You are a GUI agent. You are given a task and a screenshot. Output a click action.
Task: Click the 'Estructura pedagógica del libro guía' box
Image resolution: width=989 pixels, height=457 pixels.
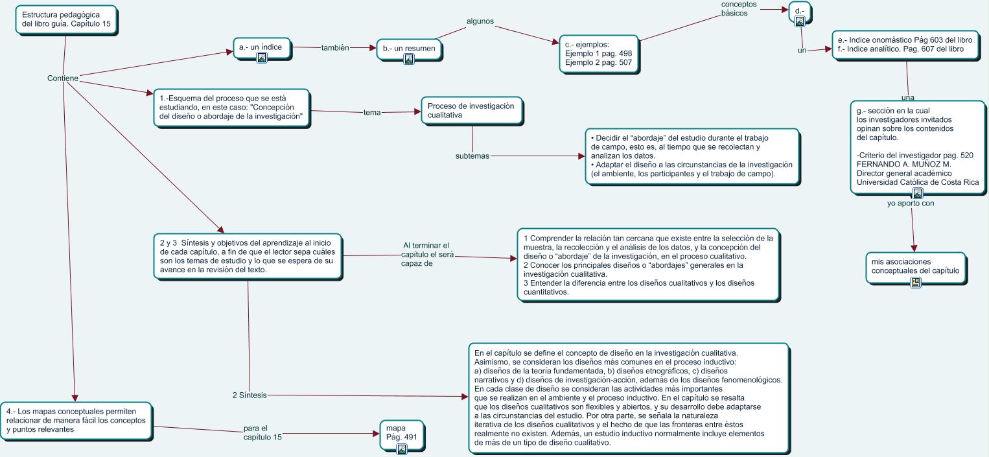(x=65, y=19)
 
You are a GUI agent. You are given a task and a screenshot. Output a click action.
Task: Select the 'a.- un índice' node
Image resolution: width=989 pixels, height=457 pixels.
(x=262, y=47)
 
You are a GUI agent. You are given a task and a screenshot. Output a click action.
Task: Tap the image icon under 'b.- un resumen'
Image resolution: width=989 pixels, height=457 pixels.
(x=409, y=59)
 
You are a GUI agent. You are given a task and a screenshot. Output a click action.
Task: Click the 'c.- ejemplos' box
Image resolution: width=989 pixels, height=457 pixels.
(x=598, y=53)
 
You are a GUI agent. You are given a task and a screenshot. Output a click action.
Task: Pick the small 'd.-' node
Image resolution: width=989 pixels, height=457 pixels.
(x=800, y=11)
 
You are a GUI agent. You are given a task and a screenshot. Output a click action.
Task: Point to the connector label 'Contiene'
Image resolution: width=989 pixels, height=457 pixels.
(x=63, y=78)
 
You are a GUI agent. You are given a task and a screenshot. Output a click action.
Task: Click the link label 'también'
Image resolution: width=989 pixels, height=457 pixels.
(x=335, y=48)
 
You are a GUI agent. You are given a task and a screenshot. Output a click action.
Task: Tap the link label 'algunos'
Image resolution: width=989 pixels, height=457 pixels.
(x=480, y=21)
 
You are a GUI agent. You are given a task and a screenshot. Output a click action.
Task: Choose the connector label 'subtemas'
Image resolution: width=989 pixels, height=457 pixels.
(x=472, y=156)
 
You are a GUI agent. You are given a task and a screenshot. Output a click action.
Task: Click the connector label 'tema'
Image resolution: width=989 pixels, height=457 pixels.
(x=372, y=112)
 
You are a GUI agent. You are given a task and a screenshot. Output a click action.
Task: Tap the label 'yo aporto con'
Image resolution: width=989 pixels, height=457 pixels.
(x=911, y=204)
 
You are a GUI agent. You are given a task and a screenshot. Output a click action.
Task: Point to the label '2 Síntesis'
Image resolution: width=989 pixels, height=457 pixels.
(x=250, y=395)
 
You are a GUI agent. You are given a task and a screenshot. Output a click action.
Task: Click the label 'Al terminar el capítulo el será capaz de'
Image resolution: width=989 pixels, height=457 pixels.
(x=425, y=254)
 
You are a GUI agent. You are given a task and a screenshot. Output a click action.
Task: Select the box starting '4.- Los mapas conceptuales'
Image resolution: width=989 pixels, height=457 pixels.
(x=77, y=420)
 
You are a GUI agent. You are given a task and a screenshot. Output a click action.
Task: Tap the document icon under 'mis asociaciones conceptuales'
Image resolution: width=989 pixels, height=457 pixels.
(x=916, y=282)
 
